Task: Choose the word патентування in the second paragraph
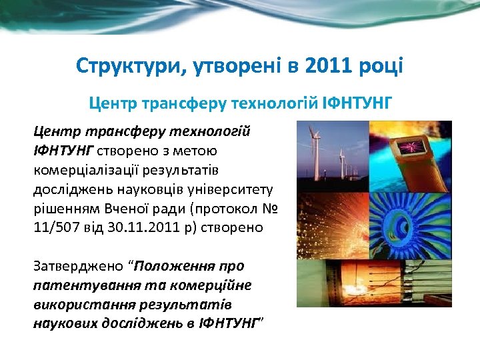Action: tap(74, 286)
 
